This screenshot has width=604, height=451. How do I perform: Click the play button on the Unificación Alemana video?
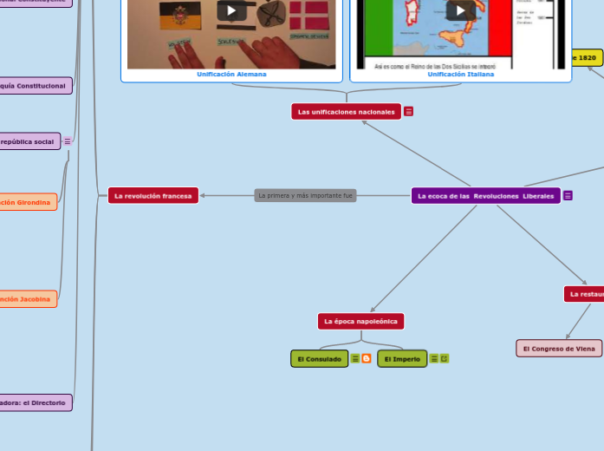point(231,10)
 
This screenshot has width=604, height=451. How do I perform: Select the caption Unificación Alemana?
point(231,75)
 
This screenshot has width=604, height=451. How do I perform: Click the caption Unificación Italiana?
point(460,75)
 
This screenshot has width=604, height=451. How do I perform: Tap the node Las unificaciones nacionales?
point(346,112)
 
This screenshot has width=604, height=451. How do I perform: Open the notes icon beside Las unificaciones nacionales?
point(409,112)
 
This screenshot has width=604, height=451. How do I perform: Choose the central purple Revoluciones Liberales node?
point(485,196)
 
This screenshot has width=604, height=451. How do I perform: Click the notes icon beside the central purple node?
point(568,196)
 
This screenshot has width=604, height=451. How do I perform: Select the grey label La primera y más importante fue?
point(306,196)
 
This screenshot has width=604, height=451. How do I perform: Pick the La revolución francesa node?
point(153,196)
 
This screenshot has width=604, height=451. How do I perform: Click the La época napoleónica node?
point(360,322)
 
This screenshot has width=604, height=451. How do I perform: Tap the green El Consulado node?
point(319,359)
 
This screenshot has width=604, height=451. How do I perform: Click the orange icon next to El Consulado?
point(367,359)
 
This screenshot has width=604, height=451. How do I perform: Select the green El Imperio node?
point(402,359)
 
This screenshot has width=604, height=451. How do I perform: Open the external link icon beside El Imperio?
point(445,359)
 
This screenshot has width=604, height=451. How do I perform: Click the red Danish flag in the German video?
point(308,17)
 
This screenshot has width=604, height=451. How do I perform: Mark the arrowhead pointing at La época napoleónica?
point(372,310)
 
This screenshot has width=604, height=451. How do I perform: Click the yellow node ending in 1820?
point(586,58)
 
